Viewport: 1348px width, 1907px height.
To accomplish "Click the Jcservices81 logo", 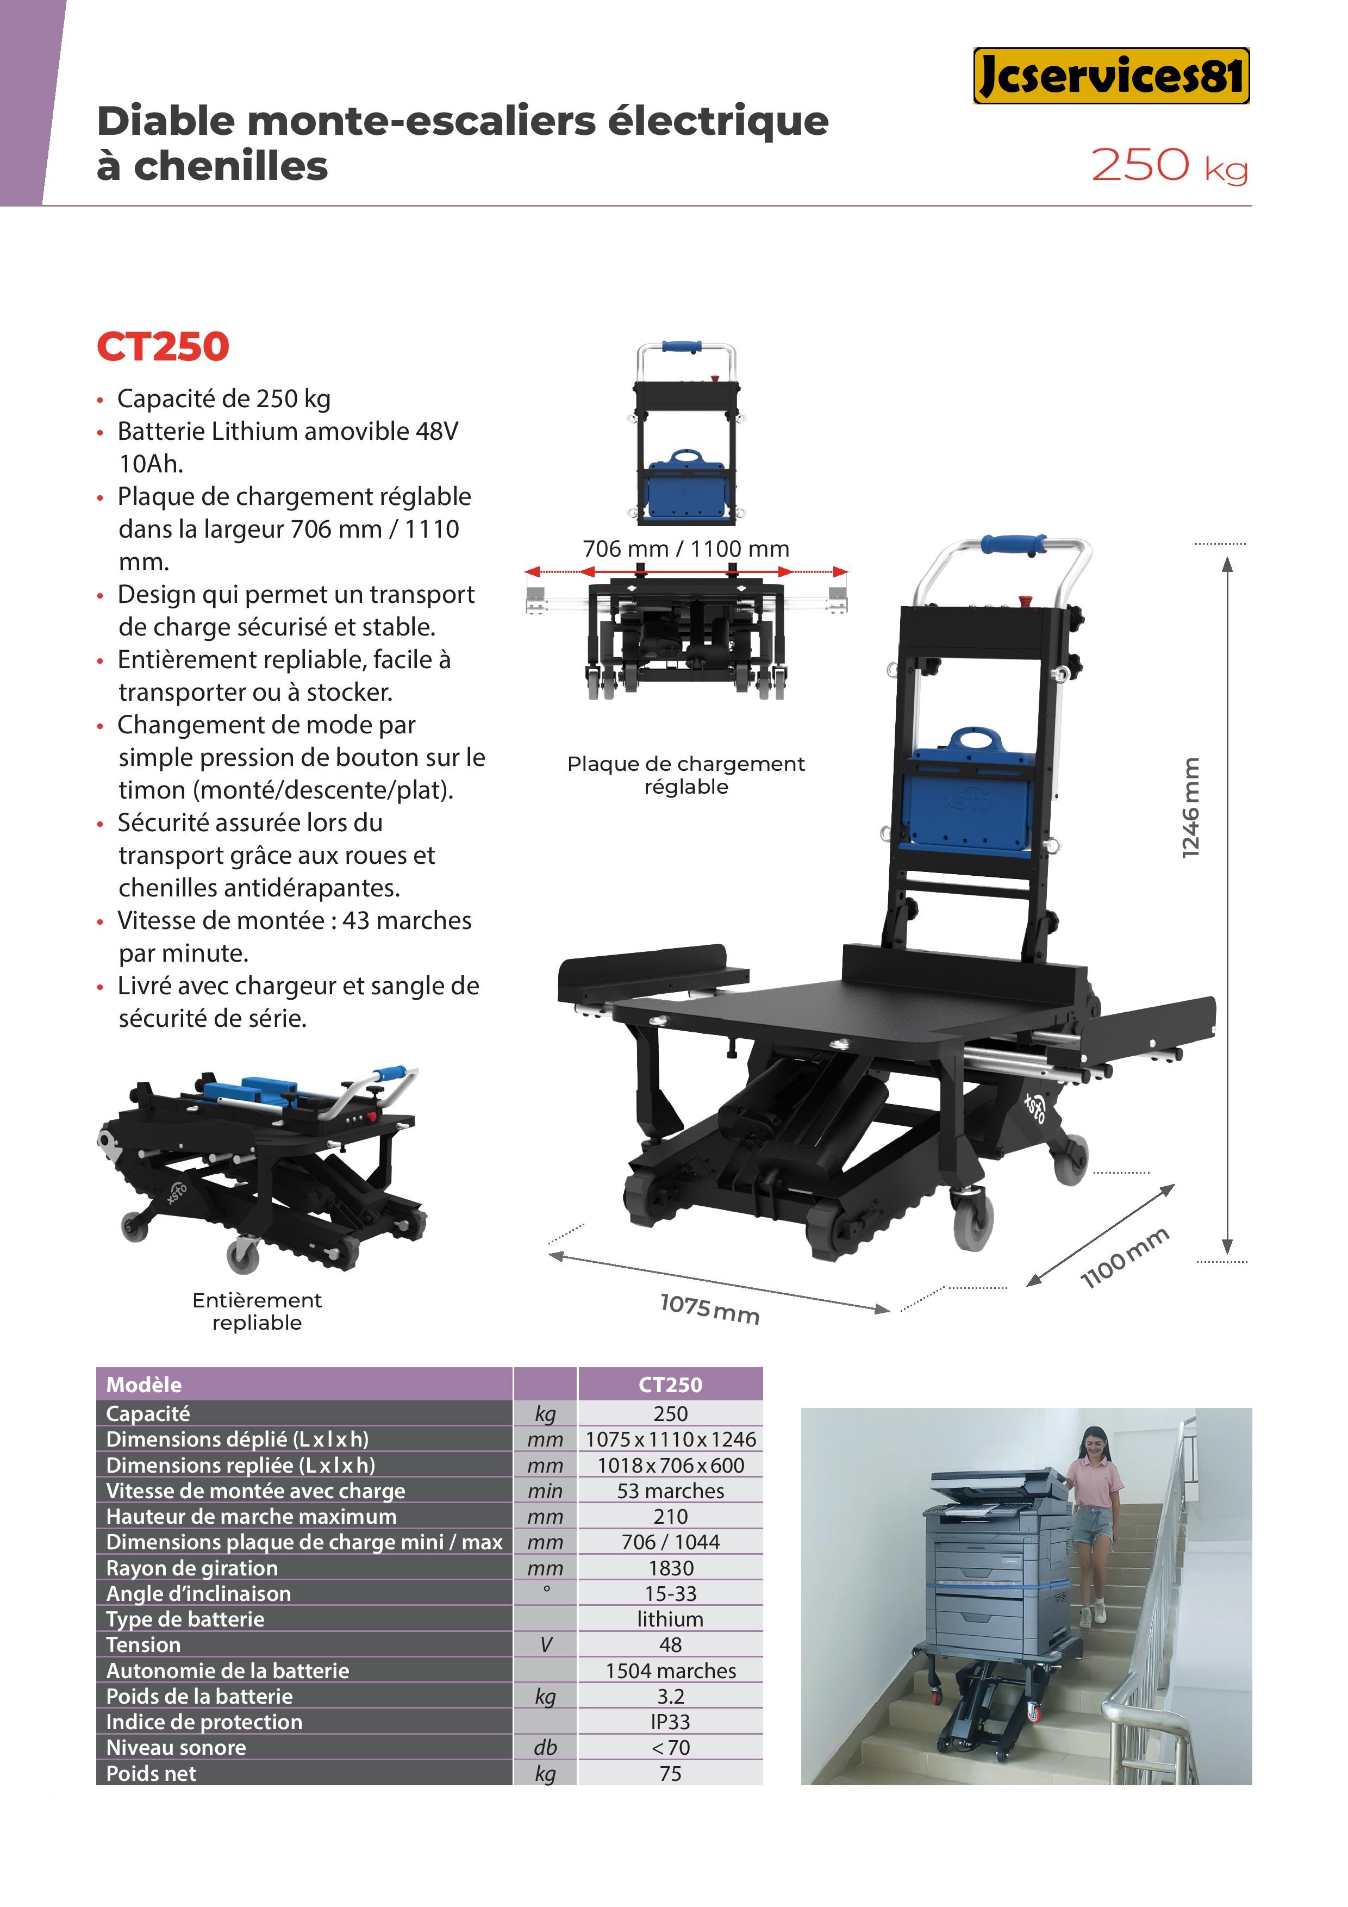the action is (1112, 76).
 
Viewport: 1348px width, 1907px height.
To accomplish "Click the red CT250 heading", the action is (163, 347).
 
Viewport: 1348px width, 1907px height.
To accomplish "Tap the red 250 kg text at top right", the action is (1169, 165).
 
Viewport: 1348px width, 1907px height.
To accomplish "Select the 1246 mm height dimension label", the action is (1191, 807).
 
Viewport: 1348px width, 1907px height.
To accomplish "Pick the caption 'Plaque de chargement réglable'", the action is (686, 775).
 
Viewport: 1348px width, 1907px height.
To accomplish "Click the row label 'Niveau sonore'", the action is (176, 1748).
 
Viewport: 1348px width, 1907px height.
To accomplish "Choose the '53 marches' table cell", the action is (670, 1491).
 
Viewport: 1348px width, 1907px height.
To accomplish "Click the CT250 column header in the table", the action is (670, 1385).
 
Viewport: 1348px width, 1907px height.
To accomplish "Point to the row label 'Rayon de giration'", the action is (192, 1568).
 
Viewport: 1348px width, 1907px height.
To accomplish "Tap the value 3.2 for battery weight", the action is (670, 1696).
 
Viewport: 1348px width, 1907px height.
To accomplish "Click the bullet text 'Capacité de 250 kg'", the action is (223, 398).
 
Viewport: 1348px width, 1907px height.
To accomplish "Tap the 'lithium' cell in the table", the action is (670, 1619).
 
